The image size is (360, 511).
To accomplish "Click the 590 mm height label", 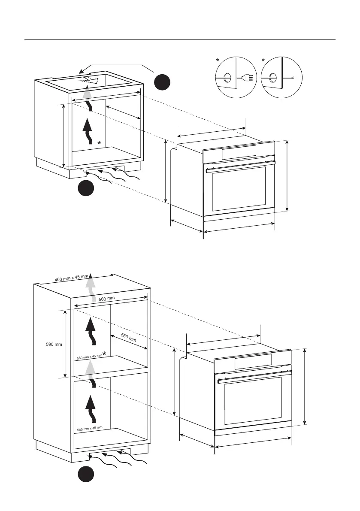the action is [x=54, y=344].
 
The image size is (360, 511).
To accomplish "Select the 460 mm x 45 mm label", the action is [x=71, y=277].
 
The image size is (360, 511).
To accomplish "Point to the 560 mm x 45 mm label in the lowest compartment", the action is [x=89, y=428].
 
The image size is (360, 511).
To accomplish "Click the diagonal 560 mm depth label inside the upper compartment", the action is [x=128, y=338].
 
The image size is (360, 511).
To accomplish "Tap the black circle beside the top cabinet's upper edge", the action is [x=163, y=82].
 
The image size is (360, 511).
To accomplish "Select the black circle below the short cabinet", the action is [x=86, y=188].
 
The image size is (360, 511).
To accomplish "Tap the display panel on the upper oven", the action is [x=239, y=151].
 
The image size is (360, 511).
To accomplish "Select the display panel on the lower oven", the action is [x=253, y=362].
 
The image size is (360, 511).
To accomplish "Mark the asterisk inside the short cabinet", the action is [x=99, y=143].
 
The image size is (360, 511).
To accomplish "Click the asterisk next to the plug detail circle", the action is [x=218, y=60].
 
